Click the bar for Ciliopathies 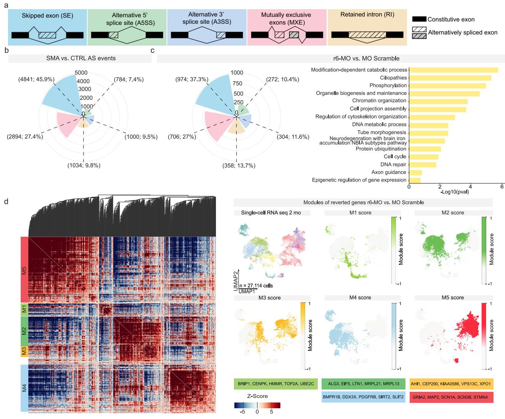[x=450, y=78]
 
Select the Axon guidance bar [x=415, y=172]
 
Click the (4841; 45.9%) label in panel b [x=36, y=80]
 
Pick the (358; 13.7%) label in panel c [x=239, y=165]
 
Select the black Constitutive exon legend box [x=419, y=19]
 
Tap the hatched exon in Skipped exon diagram [x=47, y=35]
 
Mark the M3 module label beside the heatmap [x=24, y=352]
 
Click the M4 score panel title [x=360, y=298]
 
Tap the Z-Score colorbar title [x=257, y=396]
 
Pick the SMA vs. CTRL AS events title [x=80, y=58]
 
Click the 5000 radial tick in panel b [x=82, y=73]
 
